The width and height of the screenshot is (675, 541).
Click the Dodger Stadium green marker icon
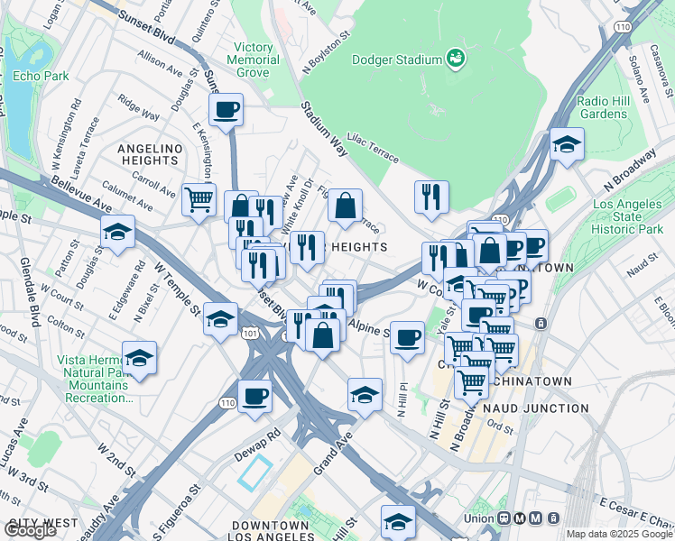pos(457,60)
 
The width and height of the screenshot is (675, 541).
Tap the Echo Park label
pos(41,76)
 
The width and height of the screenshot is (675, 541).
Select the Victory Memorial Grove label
pos(253,60)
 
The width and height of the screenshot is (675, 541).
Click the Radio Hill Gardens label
pos(603,107)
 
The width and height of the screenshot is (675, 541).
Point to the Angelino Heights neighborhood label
pos(150,154)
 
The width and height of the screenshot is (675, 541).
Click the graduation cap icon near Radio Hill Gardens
pos(566,144)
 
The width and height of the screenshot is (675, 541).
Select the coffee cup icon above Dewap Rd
pos(255,396)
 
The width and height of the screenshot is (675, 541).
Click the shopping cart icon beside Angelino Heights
pos(199,198)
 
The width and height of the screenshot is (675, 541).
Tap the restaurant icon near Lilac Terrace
pos(431,196)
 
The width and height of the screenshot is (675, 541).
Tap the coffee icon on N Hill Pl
pos(408,338)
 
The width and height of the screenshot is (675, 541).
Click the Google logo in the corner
pos(30,530)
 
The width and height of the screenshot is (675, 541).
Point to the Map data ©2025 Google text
pos(619,534)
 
